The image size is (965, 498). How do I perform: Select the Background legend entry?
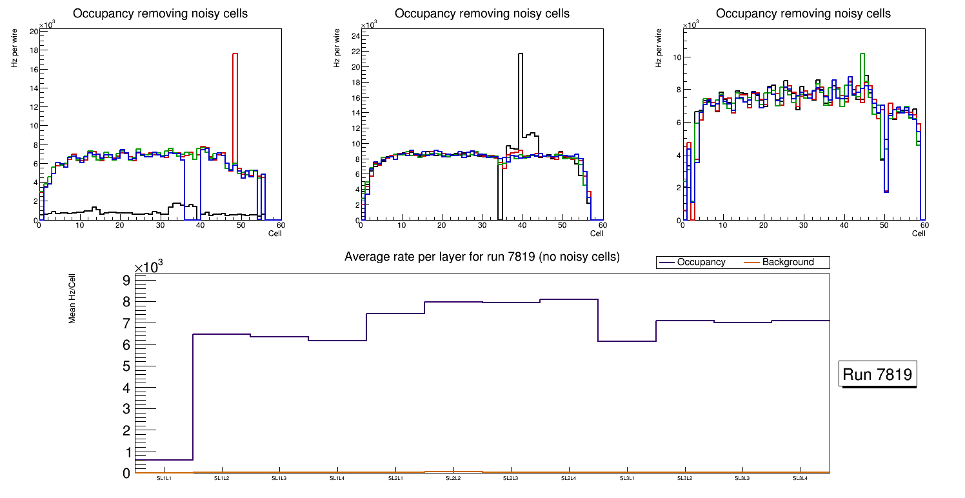click(x=788, y=263)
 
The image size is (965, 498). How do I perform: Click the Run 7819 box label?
click(x=877, y=375)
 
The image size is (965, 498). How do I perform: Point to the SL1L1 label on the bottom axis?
click(x=164, y=479)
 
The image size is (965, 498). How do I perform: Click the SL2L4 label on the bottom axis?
click(x=568, y=479)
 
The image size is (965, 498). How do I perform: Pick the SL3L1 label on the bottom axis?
click(x=626, y=479)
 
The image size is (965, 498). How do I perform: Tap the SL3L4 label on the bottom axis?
click(x=800, y=479)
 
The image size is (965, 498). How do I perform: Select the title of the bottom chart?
click(x=482, y=257)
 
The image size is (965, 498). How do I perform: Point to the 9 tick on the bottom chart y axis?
click(x=126, y=280)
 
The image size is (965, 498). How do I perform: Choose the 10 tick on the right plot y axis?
click(x=677, y=57)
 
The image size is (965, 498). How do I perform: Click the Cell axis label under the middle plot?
click(x=597, y=234)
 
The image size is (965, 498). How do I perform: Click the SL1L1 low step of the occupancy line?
click(x=164, y=460)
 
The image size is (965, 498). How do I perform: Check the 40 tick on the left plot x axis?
click(x=200, y=225)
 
